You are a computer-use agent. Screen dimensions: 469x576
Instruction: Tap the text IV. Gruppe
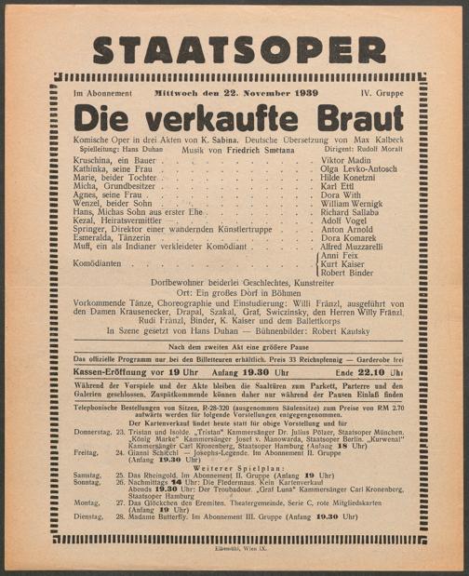[382, 93]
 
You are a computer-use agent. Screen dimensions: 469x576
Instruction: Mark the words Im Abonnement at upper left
[103, 93]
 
